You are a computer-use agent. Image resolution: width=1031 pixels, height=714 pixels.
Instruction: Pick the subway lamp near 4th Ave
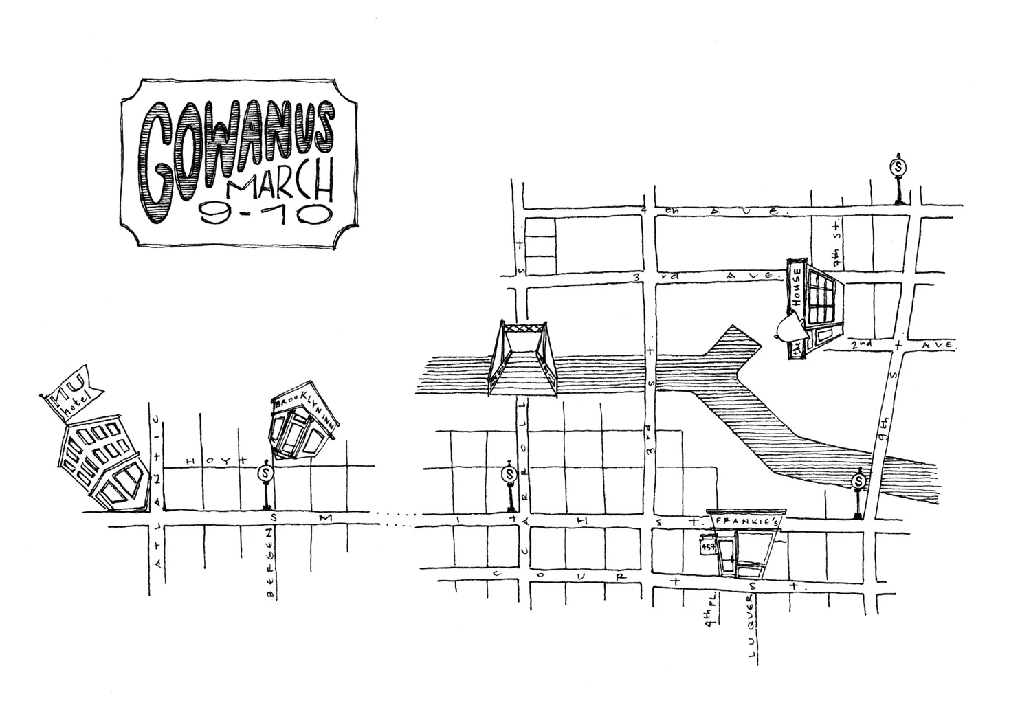pyautogui.click(x=898, y=179)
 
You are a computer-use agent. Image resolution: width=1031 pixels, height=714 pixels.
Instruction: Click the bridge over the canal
pyautogui.click(x=522, y=358)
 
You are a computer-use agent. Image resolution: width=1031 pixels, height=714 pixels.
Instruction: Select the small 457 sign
pyautogui.click(x=708, y=546)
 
